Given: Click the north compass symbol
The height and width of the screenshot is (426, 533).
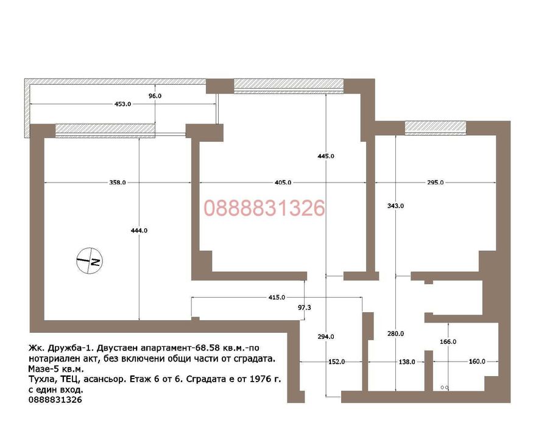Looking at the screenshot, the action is click(x=90, y=260).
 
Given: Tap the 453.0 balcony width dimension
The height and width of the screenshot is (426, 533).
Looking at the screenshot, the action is click(x=122, y=104).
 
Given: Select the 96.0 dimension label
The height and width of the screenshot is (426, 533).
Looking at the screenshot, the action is click(x=155, y=96).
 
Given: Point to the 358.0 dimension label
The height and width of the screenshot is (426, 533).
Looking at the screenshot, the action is click(x=118, y=183).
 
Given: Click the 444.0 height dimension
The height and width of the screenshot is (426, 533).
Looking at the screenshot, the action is click(x=139, y=230).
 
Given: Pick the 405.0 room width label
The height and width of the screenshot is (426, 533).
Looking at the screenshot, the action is click(x=283, y=183).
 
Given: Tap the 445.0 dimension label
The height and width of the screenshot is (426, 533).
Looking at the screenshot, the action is click(x=326, y=156).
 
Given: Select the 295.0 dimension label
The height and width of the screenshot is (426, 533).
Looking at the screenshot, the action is click(x=436, y=183).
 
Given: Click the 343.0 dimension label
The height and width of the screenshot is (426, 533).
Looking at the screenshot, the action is click(x=396, y=206).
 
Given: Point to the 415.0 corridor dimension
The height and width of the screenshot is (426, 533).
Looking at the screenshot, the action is click(x=277, y=297).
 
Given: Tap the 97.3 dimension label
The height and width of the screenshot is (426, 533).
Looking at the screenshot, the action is click(x=304, y=307).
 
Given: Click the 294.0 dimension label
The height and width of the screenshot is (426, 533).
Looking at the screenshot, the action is click(x=326, y=337).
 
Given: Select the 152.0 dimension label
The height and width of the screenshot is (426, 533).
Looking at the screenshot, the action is click(x=336, y=361).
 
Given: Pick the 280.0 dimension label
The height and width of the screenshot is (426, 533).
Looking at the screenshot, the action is click(x=396, y=334).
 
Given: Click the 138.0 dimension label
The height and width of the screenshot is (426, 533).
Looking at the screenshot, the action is click(x=407, y=361).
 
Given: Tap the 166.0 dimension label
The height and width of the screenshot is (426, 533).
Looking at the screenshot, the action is click(x=448, y=342).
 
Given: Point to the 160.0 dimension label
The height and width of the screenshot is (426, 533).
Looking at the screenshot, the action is click(x=477, y=361).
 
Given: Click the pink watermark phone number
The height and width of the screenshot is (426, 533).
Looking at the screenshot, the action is click(x=264, y=208).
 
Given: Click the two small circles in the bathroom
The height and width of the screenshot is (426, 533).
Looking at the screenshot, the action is click(x=445, y=387).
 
